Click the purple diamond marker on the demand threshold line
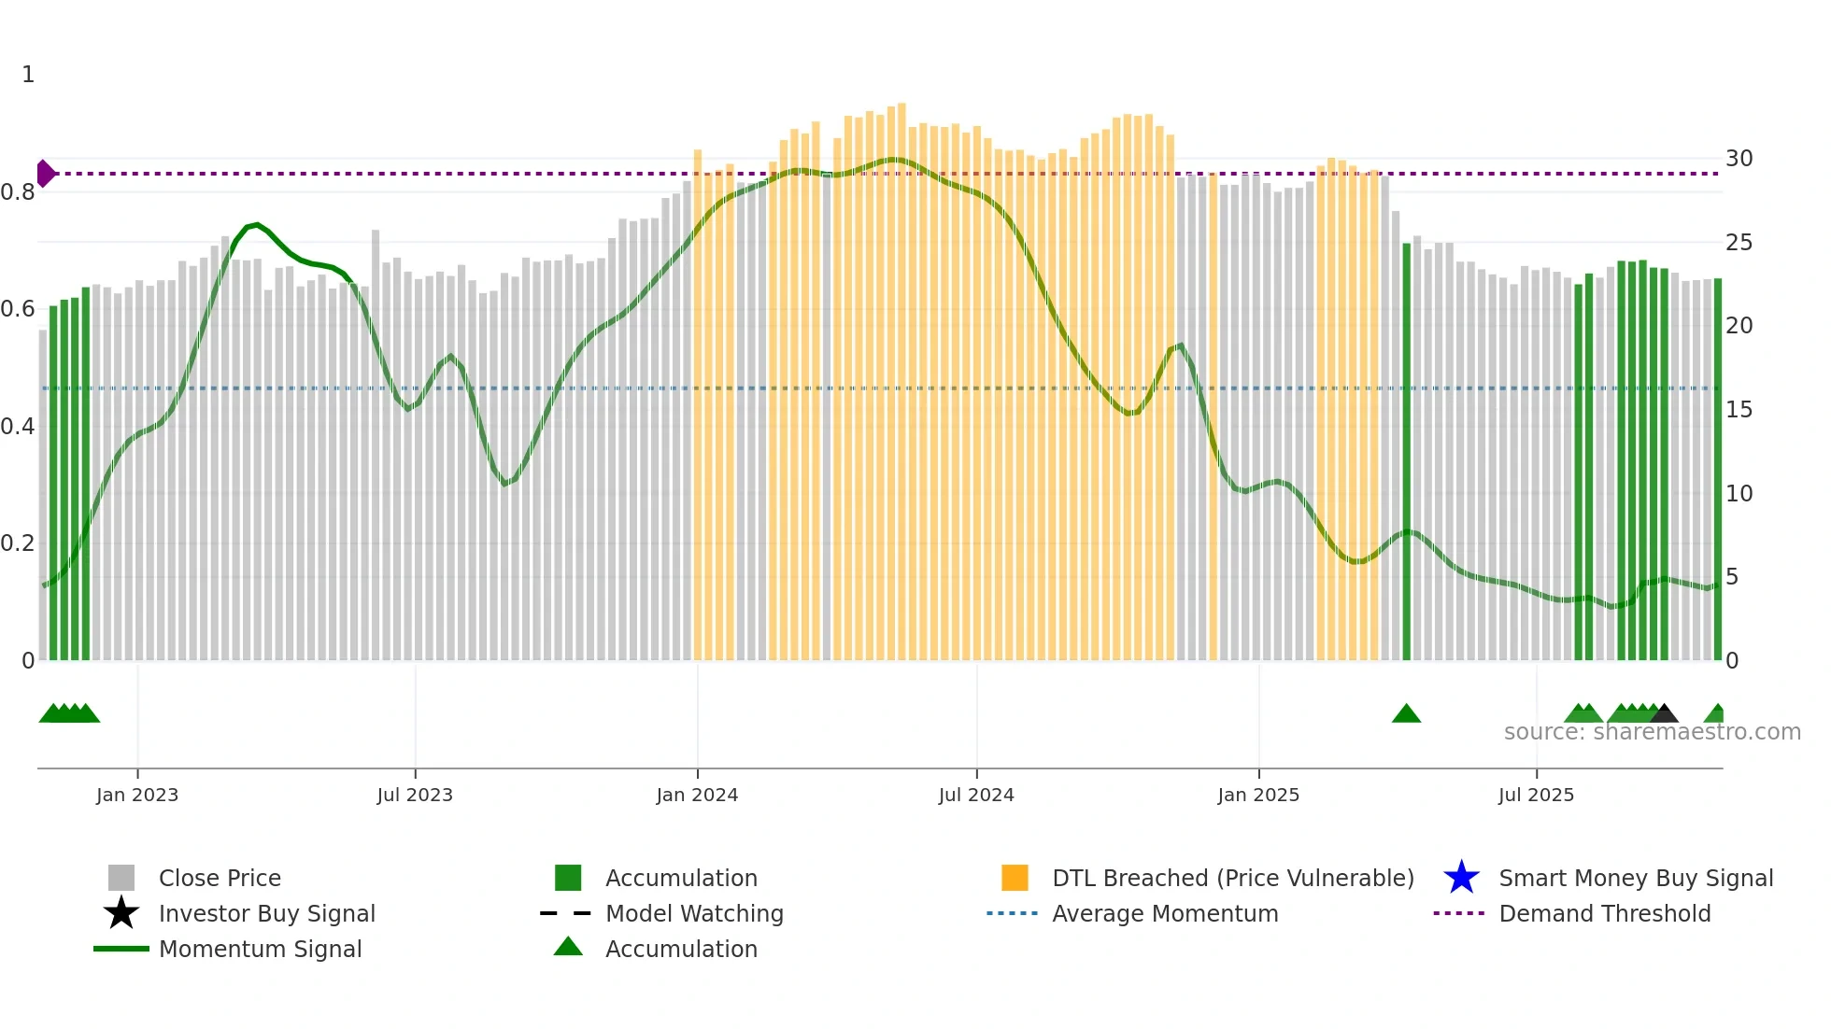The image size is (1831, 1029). [45, 174]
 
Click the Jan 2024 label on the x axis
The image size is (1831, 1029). [697, 795]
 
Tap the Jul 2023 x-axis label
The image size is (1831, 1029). [415, 795]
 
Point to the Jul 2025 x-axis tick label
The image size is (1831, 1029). [1536, 795]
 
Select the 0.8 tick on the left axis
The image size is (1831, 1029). [18, 192]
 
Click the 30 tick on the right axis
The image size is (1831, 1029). [1739, 159]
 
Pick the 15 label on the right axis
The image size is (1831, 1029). [1739, 410]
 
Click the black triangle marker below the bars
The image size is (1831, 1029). [1664, 714]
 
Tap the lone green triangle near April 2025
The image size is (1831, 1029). [1406, 714]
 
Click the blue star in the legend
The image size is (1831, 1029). [1461, 878]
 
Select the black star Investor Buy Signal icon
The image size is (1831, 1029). [121, 913]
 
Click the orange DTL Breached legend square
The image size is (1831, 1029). [1015, 878]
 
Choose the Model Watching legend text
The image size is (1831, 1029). [694, 913]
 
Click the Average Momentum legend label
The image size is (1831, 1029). [1165, 913]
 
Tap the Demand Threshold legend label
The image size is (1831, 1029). [1604, 913]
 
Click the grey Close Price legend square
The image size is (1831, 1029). [121, 878]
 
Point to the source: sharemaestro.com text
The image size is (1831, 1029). [1652, 732]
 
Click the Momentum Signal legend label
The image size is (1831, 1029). [260, 949]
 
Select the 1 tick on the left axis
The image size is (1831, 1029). [28, 75]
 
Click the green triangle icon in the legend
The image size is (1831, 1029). [568, 947]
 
